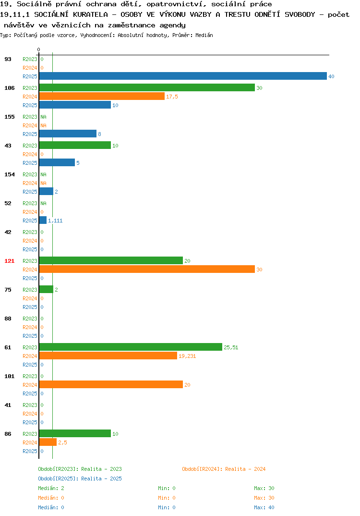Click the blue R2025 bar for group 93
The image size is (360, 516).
[183, 76]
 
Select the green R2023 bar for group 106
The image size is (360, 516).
[147, 87]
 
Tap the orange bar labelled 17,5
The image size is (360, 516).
[102, 96]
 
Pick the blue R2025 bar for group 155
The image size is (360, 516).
[68, 134]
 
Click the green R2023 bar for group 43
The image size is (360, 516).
[75, 145]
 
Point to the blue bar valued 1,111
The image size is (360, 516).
[43, 220]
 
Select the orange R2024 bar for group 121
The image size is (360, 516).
[147, 269]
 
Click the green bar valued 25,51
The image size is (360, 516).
[131, 347]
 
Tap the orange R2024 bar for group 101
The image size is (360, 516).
[111, 384]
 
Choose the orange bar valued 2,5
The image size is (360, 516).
[48, 442]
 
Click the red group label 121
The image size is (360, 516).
[10, 261]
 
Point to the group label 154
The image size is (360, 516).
[10, 174]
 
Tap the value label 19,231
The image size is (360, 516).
[187, 356]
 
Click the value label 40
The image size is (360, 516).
[331, 76]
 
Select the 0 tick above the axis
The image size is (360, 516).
[38, 49]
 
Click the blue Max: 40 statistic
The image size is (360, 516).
[264, 507]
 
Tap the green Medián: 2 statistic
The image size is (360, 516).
[51, 488]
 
